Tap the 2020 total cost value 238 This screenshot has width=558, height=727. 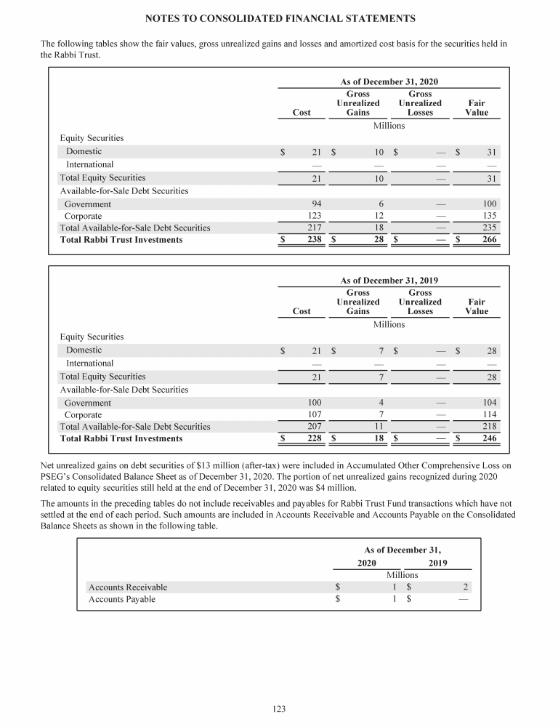(x=313, y=240)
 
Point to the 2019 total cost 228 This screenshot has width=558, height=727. (x=313, y=439)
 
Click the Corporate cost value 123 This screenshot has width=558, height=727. (x=313, y=216)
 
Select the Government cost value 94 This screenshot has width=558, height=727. (x=315, y=204)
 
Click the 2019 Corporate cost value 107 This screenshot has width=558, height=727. (x=313, y=415)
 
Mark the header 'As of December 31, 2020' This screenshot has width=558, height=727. (x=389, y=82)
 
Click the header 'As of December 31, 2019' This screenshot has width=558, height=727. (x=389, y=281)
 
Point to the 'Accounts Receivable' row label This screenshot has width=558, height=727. (x=127, y=587)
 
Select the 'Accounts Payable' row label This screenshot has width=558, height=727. (x=121, y=600)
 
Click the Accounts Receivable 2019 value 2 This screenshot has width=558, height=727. (x=465, y=587)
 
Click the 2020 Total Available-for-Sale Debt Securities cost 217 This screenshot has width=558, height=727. (x=313, y=228)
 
